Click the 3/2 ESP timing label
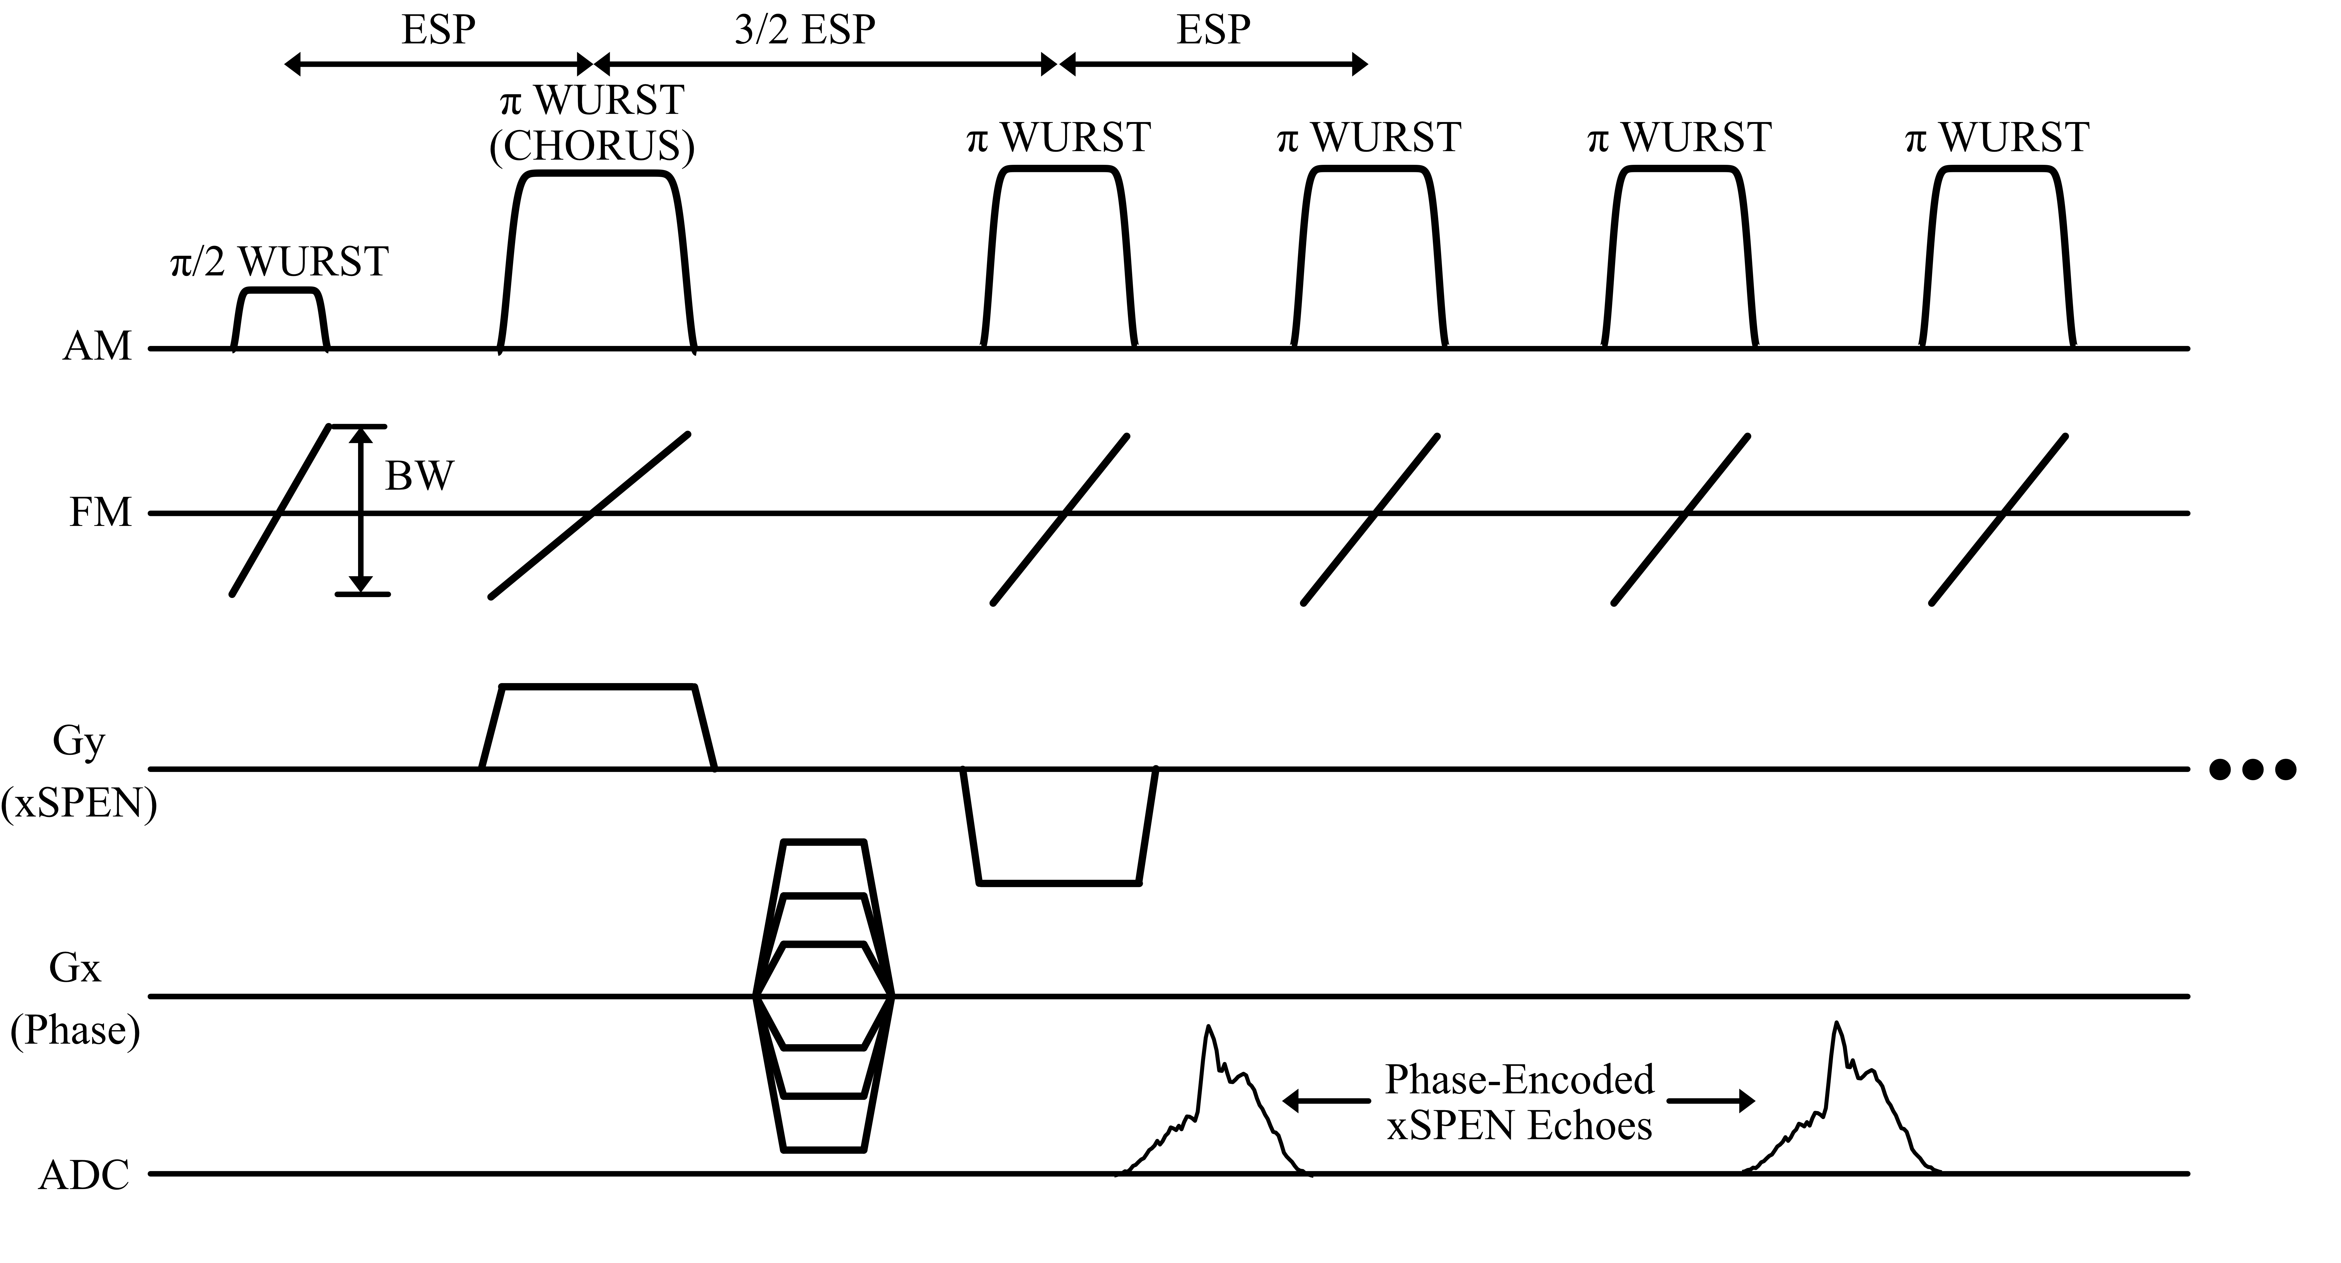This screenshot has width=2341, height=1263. click(x=804, y=30)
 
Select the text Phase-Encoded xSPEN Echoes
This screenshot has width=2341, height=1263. click(x=1519, y=1102)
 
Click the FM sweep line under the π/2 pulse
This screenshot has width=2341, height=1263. click(x=280, y=511)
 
